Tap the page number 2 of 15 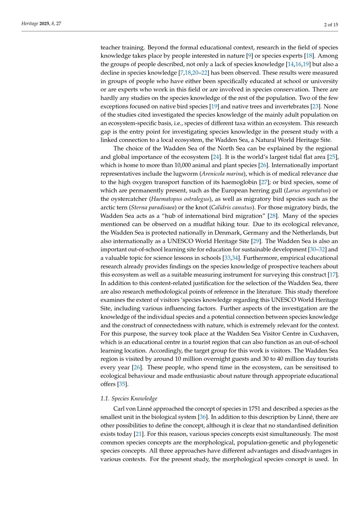331,24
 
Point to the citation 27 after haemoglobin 264,182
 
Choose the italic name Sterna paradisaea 152,207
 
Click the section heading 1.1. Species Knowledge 129,398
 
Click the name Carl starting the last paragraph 119,409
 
